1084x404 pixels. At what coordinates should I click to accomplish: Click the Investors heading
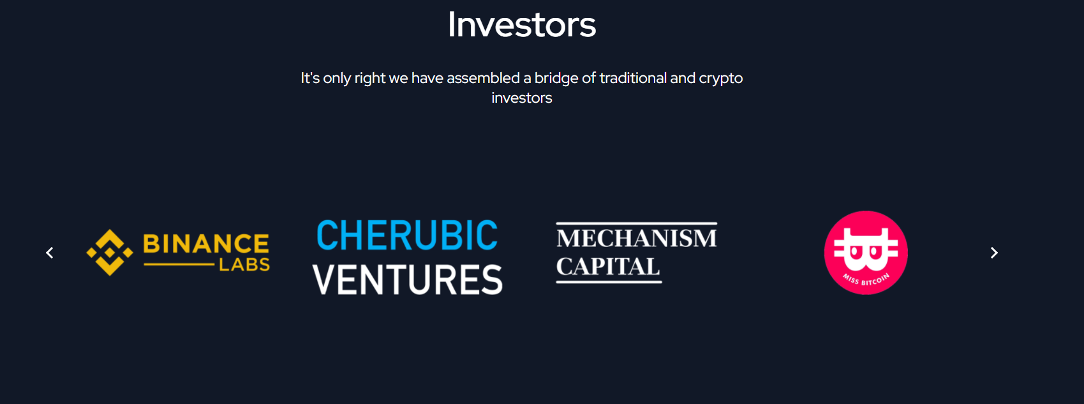click(x=522, y=24)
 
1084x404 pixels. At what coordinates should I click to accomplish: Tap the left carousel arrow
click(x=49, y=253)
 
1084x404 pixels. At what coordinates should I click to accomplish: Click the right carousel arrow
click(x=994, y=253)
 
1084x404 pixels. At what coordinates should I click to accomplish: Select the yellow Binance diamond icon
click(x=110, y=253)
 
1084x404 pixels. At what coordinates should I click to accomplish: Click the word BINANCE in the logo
click(x=206, y=244)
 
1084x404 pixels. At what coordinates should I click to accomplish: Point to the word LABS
click(x=244, y=265)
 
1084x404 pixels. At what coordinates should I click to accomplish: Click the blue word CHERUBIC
click(x=407, y=236)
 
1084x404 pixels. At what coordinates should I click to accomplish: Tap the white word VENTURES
click(x=408, y=280)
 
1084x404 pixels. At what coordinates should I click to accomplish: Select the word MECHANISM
click(x=636, y=238)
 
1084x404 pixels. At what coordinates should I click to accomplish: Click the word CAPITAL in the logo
click(x=608, y=267)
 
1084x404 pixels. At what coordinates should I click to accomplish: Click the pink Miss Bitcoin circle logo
click(x=866, y=253)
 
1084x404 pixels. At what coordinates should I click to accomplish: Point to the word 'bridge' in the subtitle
click(x=556, y=79)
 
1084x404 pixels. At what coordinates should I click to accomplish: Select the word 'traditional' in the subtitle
click(x=633, y=78)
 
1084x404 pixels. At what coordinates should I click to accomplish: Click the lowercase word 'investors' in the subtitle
click(x=522, y=98)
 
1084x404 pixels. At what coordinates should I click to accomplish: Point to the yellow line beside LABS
click(x=179, y=265)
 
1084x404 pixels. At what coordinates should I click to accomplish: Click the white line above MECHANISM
click(x=637, y=223)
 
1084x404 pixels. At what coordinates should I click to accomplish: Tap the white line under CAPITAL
click(x=609, y=281)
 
